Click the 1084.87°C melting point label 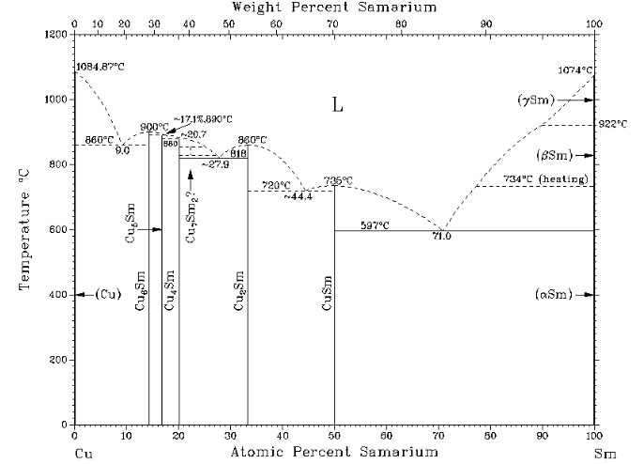pos(99,68)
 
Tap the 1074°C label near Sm pos(574,70)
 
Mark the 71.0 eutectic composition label pos(442,237)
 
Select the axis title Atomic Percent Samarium pos(334,453)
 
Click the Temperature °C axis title pos(25,230)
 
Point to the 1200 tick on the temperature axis pos(55,35)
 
